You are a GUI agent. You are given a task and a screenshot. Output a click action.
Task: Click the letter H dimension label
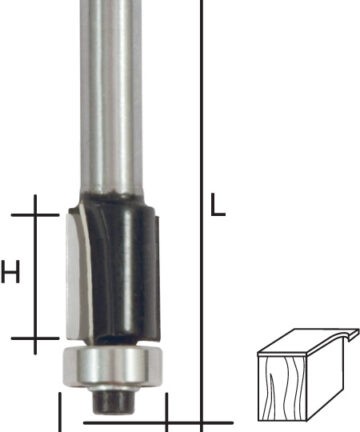pyautogui.click(x=10, y=272)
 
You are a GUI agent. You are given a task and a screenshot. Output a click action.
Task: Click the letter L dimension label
pyautogui.click(x=218, y=204)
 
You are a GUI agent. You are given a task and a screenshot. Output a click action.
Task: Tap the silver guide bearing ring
pyautogui.click(x=112, y=366)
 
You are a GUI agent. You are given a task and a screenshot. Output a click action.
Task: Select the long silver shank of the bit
pyautogui.click(x=112, y=97)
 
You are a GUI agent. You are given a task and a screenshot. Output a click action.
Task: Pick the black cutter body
pyautogui.click(x=123, y=270)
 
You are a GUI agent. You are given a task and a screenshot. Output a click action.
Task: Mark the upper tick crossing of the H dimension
pyautogui.click(x=35, y=215)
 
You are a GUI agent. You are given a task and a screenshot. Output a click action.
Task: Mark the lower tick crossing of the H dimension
pyautogui.click(x=35, y=338)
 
